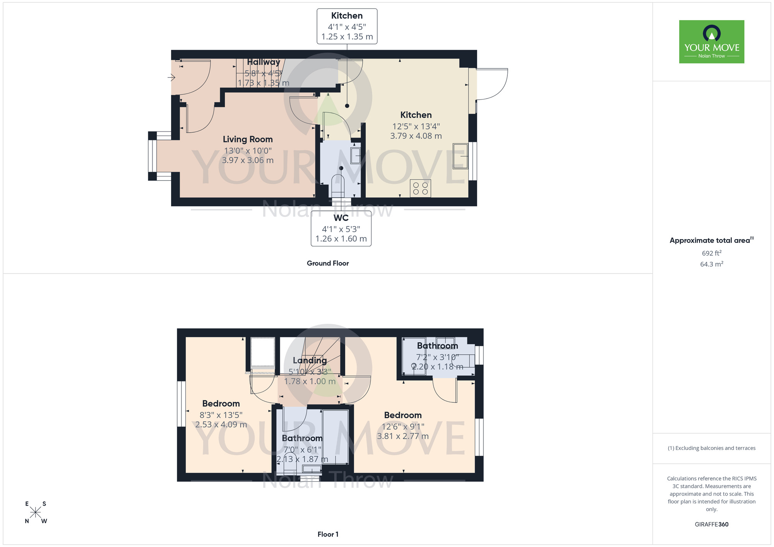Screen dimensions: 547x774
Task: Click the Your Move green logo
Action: pyautogui.click(x=711, y=42)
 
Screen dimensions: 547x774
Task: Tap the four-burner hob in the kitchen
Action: pyautogui.click(x=420, y=188)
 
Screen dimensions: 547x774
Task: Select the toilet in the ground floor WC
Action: pyautogui.click(x=337, y=186)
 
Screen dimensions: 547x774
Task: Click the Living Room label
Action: pyautogui.click(x=248, y=139)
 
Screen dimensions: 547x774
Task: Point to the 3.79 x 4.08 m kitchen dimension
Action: pyautogui.click(x=416, y=136)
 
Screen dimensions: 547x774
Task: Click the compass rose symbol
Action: pyautogui.click(x=36, y=513)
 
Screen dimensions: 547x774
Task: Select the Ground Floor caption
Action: pyautogui.click(x=327, y=263)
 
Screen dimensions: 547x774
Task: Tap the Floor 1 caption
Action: pyautogui.click(x=327, y=534)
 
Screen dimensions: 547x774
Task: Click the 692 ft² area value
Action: pyautogui.click(x=711, y=253)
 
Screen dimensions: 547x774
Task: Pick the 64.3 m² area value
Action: pyautogui.click(x=711, y=264)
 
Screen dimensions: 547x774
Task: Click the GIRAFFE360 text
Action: pyautogui.click(x=711, y=524)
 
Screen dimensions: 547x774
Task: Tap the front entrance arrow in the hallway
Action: pyautogui.click(x=171, y=78)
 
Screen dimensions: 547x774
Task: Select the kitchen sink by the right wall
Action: pyautogui.click(x=460, y=156)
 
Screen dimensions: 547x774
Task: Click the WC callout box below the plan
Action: pyautogui.click(x=341, y=228)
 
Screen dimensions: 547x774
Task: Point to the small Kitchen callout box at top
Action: pyautogui.click(x=347, y=26)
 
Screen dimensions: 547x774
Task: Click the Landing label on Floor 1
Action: pyautogui.click(x=310, y=360)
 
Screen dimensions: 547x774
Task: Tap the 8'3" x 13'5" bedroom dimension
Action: pyautogui.click(x=221, y=415)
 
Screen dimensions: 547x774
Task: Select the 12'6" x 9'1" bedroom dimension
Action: pyautogui.click(x=403, y=426)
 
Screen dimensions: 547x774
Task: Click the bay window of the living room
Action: pyautogui.click(x=152, y=156)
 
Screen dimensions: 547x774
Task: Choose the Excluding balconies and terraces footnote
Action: pyautogui.click(x=711, y=448)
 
